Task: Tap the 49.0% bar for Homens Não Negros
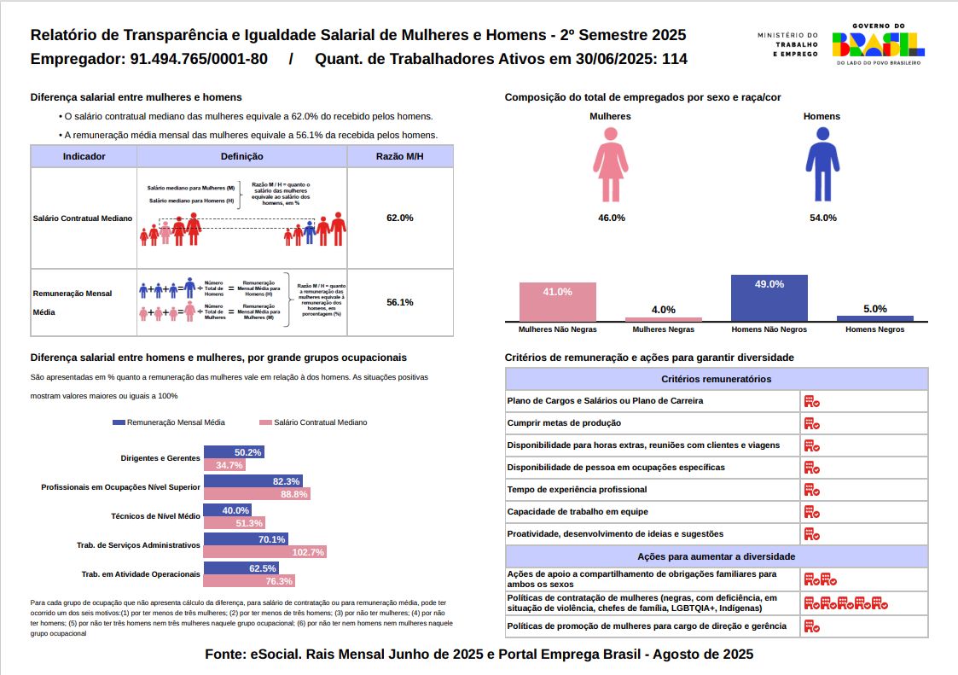[769, 298]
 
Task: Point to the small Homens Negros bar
[874, 318]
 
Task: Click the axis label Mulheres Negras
[663, 329]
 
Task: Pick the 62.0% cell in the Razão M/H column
[400, 218]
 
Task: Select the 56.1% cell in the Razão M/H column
[400, 302]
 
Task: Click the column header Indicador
[84, 156]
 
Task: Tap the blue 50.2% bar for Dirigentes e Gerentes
[233, 451]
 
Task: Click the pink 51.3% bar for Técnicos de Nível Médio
[234, 522]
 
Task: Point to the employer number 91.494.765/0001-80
[199, 60]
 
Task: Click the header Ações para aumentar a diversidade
[716, 556]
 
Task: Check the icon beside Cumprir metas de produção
[811, 423]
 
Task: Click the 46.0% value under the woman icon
[611, 218]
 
